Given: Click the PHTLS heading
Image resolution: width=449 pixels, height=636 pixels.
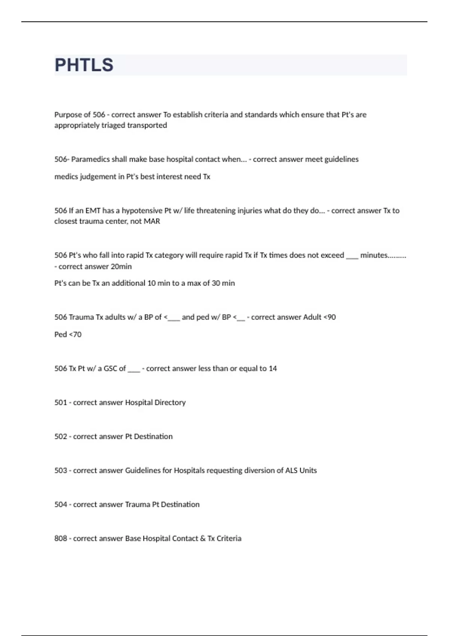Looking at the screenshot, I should point(84,65).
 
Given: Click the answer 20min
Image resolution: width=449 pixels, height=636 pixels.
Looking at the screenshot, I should point(121,267).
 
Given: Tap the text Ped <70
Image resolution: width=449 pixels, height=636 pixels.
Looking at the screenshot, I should point(68,334).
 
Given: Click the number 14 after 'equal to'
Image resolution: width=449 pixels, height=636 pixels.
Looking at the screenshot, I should point(273,369).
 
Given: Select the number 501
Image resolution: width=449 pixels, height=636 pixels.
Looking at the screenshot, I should point(61,403).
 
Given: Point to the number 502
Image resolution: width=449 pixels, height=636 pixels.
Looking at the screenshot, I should point(61,437).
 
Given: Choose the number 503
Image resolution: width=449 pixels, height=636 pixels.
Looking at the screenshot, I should point(61,471).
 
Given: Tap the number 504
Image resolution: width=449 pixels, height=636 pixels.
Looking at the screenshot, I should point(61,505).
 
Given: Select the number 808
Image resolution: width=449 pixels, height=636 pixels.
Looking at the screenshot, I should point(61,539).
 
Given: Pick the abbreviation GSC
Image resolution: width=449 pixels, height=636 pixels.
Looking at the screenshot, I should point(110,369).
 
